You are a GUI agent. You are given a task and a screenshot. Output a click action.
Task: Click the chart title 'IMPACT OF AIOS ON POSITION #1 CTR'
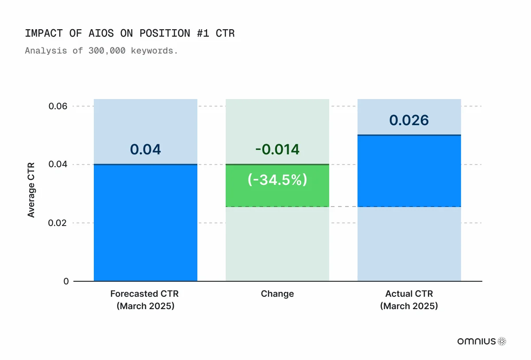click(x=130, y=34)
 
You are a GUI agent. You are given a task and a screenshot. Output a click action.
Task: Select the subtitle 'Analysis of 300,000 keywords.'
click(x=101, y=50)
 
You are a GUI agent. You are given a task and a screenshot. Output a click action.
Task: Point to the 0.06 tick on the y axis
click(x=58, y=107)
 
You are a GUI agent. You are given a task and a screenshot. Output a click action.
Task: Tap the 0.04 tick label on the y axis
click(x=58, y=165)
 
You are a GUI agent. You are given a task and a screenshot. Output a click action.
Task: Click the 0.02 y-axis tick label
click(x=58, y=223)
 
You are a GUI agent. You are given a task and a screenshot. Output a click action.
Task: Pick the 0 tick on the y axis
click(x=66, y=281)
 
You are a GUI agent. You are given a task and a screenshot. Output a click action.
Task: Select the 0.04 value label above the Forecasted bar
click(x=146, y=149)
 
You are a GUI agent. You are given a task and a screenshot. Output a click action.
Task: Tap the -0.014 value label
click(x=277, y=149)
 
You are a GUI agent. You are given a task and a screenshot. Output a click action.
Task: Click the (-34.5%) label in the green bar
click(x=277, y=180)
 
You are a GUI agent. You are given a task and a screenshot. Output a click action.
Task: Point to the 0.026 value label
click(x=409, y=120)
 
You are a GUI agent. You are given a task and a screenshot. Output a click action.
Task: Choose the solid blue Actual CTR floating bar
click(x=409, y=171)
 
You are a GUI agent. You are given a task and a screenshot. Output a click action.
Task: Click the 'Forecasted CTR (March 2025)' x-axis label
click(x=146, y=299)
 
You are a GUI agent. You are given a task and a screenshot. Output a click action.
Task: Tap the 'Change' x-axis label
click(x=277, y=294)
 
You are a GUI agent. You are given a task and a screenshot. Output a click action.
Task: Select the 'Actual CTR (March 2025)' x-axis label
click(x=409, y=299)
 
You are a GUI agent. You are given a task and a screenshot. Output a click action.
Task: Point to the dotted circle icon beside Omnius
click(x=502, y=341)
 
